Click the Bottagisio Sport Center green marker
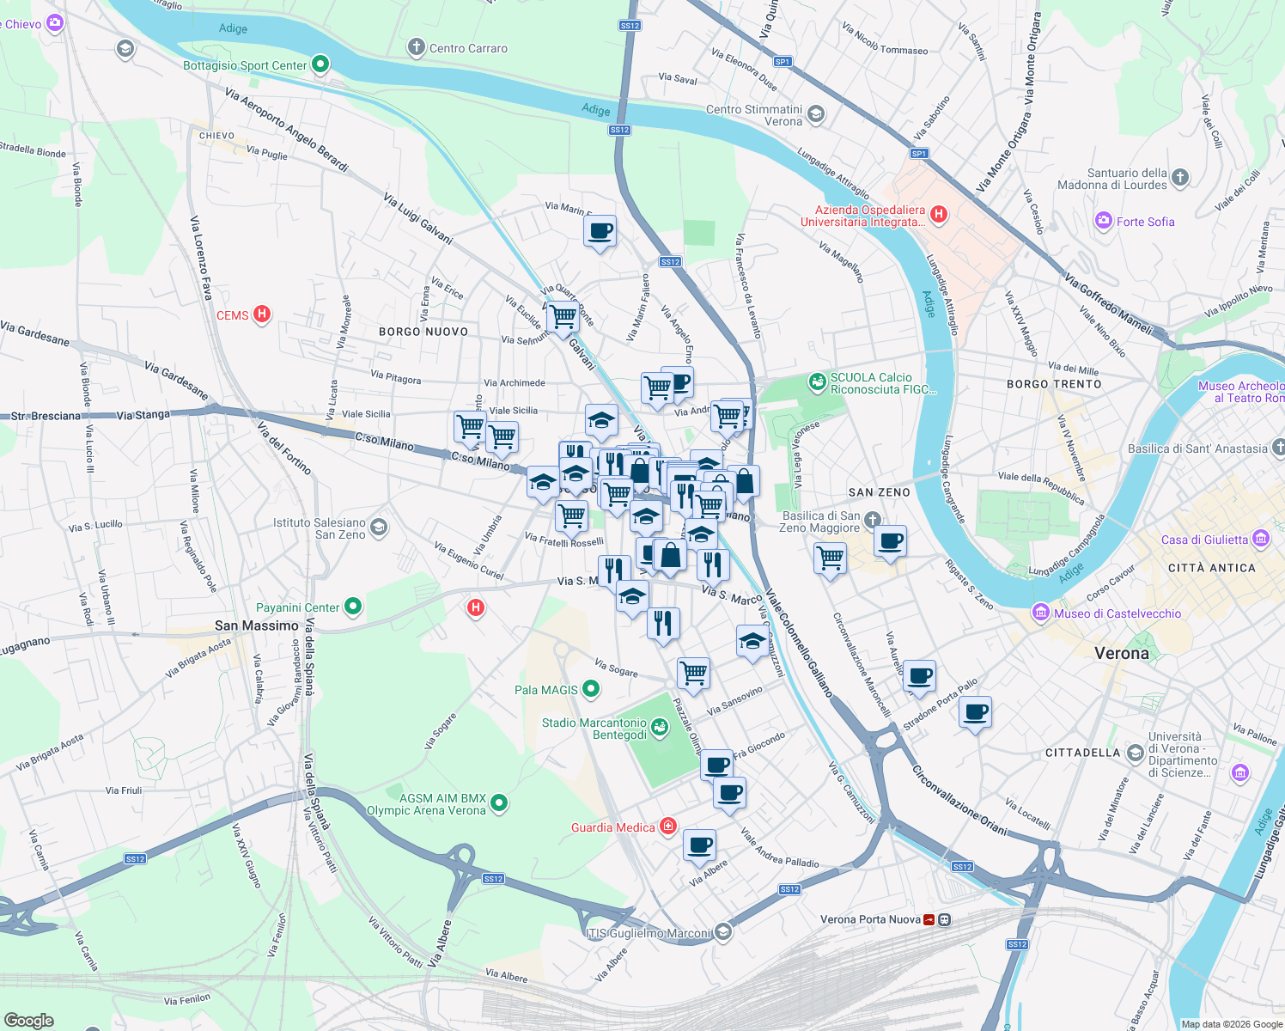coord(320,64)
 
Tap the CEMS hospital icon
coord(262,314)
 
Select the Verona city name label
coord(1121,653)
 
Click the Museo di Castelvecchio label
coord(1117,613)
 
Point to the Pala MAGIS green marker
coord(591,689)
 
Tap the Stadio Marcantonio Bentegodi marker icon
coord(659,729)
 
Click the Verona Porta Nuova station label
coord(869,919)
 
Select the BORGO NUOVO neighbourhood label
coord(423,332)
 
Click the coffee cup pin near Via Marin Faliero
coord(600,231)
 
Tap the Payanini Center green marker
coord(353,607)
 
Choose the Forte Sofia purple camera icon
coord(1104,221)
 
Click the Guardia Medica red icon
coord(667,827)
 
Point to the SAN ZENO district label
coord(879,492)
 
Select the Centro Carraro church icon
coord(417,47)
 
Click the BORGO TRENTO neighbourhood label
coord(1053,384)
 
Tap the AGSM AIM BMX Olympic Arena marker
coord(499,804)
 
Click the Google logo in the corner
coord(28,1020)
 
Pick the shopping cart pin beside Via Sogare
coord(693,673)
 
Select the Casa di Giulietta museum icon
coord(1261,539)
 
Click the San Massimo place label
coord(256,625)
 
